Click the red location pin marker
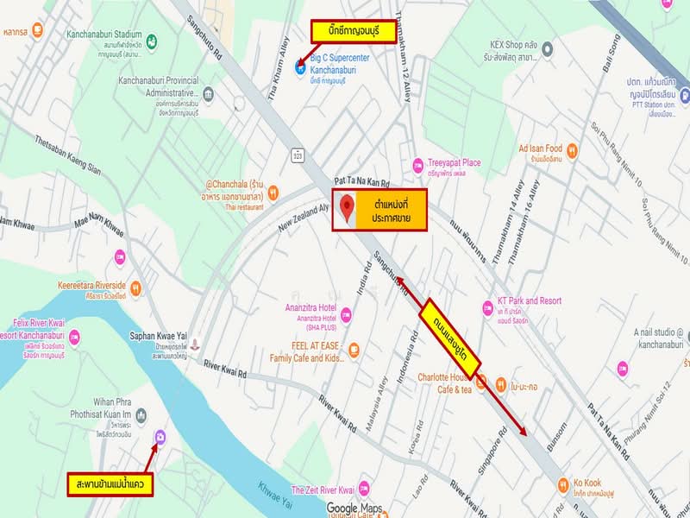pos(347,208)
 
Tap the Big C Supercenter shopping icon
pos(300,68)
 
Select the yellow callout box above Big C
pos(353,34)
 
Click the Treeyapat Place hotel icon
pos(418,164)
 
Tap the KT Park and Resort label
pos(530,301)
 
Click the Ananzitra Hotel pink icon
pos(346,313)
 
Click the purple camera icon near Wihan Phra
pos(160,438)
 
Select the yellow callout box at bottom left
pos(110,484)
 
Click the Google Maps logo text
pos(354,508)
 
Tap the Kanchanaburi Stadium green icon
pos(152,41)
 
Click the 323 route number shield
pos(298,156)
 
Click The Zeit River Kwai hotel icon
pos(364,489)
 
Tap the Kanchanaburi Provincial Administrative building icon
pos(208,92)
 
